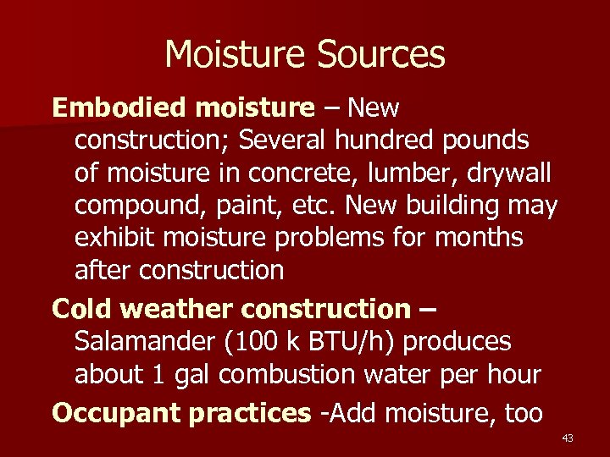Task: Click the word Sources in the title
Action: click(x=380, y=55)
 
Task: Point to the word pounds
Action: click(x=492, y=140)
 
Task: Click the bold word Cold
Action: click(x=83, y=309)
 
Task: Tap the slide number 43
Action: click(x=568, y=438)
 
